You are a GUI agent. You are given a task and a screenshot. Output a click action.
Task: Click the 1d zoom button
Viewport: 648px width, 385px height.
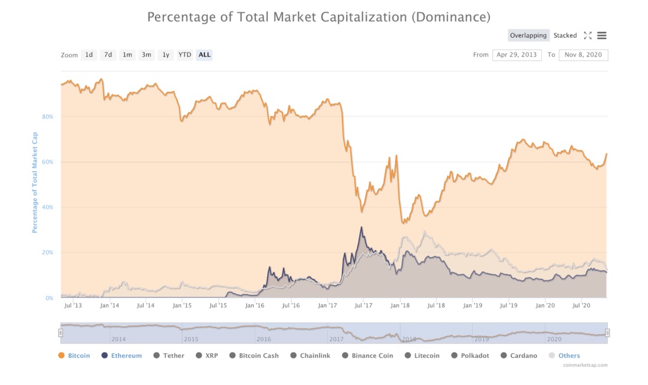[x=89, y=55]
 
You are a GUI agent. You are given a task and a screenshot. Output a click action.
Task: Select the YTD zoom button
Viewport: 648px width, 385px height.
[x=185, y=55]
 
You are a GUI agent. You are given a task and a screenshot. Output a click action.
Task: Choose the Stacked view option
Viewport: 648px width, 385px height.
[x=565, y=35]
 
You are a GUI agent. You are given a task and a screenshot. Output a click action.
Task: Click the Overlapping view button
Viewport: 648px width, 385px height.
[x=528, y=35]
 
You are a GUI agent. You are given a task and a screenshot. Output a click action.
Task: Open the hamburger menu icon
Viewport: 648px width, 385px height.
[x=601, y=35]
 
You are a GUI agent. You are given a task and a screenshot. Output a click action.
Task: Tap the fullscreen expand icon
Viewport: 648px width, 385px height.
[x=587, y=35]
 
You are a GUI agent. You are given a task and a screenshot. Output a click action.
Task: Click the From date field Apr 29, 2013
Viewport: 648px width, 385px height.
[x=517, y=55]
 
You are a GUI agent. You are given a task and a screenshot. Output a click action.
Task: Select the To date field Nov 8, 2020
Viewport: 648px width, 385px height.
[x=583, y=55]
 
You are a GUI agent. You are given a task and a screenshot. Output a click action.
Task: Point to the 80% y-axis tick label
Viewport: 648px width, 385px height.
[x=48, y=117]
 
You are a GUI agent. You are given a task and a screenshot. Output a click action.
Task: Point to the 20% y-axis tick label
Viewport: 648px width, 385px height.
[x=48, y=252]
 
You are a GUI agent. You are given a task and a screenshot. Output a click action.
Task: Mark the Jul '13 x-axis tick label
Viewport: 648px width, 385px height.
[x=73, y=305]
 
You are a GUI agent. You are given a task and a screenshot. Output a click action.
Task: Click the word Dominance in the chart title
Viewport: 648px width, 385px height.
[x=450, y=17]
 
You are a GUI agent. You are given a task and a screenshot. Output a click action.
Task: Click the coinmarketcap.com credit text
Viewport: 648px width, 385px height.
[x=585, y=365]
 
